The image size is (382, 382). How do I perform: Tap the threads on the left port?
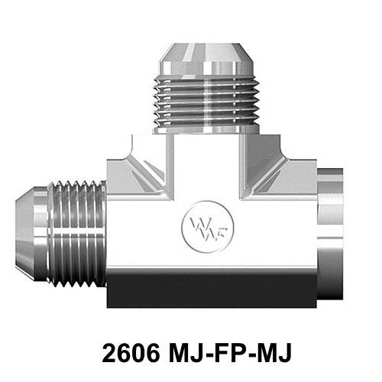coord(76,233)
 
